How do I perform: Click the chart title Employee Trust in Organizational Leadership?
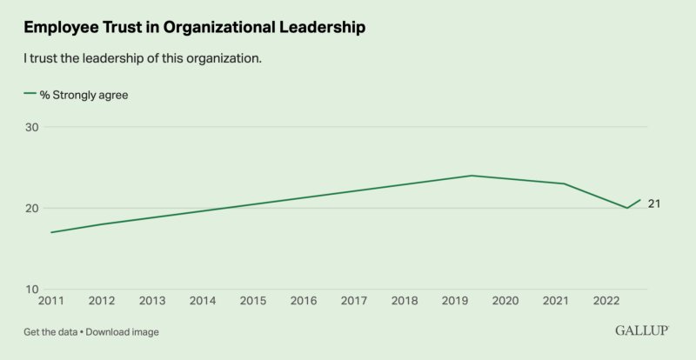(194, 28)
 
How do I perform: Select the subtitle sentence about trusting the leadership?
(143, 59)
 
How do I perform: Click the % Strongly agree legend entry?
(77, 95)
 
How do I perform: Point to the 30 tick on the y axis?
(31, 127)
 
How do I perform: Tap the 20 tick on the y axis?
(31, 209)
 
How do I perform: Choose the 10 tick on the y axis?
(31, 290)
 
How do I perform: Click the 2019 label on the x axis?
(454, 301)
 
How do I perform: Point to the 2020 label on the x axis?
(505, 301)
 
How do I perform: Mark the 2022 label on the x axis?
(606, 301)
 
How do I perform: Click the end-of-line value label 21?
(654, 203)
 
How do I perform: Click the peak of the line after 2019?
(471, 176)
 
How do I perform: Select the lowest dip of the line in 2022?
(627, 208)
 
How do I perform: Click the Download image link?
(123, 332)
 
